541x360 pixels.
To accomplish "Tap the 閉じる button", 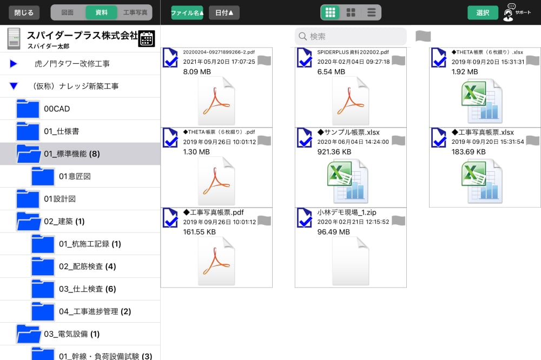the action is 24,13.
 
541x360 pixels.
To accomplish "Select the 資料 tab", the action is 102,13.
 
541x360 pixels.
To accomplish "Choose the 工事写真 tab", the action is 135,13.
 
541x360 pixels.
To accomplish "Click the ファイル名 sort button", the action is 187,13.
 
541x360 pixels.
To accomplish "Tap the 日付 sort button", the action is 224,13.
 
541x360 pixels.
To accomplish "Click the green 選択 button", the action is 483,13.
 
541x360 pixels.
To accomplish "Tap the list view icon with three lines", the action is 371,13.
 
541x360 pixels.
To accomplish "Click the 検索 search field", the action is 351,36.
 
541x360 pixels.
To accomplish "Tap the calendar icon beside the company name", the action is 147,38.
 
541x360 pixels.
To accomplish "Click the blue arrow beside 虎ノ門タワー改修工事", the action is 14,63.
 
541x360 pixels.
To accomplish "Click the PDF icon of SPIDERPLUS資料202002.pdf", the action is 351,101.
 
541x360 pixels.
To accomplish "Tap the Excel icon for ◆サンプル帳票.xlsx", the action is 347,181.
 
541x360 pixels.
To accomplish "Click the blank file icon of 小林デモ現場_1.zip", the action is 351,261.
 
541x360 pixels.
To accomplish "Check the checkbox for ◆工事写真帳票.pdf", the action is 170,218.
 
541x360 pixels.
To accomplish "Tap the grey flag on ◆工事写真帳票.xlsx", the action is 532,141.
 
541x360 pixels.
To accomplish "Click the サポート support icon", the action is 508,13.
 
